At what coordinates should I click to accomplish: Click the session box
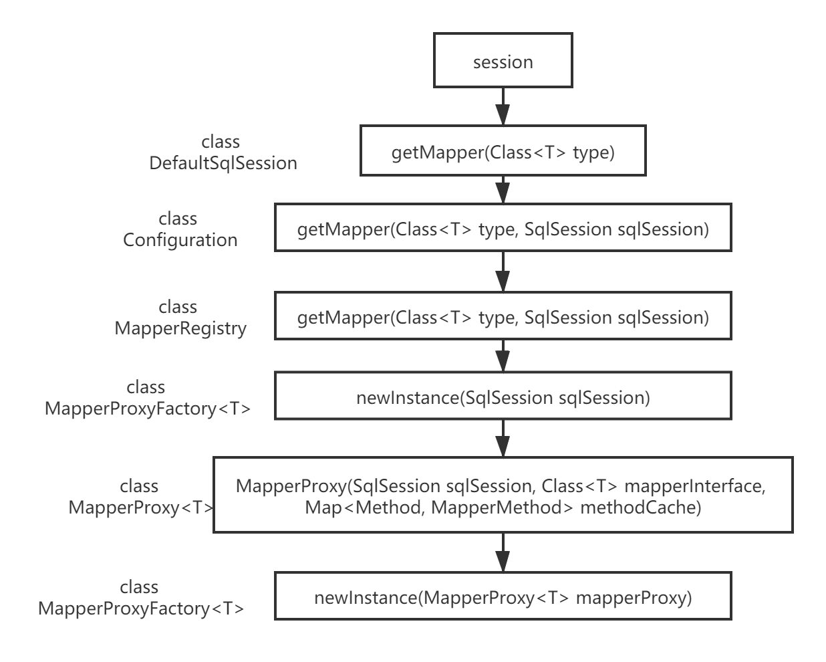(503, 62)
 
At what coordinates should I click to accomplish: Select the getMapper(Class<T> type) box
(503, 152)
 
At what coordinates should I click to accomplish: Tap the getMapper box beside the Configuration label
(503, 229)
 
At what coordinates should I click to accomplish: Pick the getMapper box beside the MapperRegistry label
(503, 317)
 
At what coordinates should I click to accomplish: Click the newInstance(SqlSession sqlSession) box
(503, 397)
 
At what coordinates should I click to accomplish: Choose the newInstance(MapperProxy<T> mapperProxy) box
(503, 596)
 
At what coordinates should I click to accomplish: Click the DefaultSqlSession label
(223, 163)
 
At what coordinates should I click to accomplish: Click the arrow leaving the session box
(503, 106)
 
